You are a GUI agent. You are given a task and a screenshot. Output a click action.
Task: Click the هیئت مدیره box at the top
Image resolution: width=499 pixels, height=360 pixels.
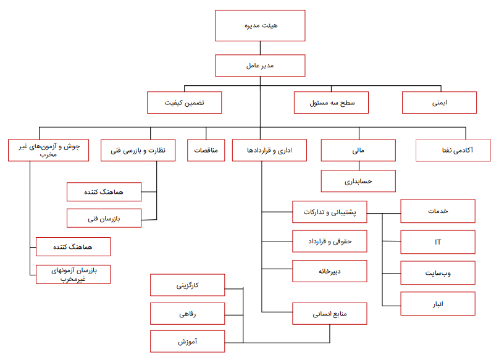pos(260,25)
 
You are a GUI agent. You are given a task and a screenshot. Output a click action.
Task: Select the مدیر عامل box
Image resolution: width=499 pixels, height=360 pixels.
pos(260,65)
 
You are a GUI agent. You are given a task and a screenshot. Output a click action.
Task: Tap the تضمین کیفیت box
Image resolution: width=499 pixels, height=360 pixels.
pos(184,103)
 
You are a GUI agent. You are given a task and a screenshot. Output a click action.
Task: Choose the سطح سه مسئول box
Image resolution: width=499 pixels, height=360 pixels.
pos(331,103)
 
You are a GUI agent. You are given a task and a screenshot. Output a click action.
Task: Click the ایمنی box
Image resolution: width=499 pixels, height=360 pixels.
pos(440,103)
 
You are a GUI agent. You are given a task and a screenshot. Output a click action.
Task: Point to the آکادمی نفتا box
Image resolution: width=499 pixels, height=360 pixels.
pos(453,150)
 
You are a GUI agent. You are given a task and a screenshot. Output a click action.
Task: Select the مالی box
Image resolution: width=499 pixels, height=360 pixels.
pos(358,150)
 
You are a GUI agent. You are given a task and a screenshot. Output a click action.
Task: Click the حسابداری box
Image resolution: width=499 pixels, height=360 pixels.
pos(358,181)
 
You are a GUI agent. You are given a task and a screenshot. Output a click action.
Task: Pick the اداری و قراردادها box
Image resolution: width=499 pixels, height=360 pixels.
pos(269,150)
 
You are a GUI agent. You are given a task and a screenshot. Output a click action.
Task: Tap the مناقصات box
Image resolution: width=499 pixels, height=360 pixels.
pos(206,150)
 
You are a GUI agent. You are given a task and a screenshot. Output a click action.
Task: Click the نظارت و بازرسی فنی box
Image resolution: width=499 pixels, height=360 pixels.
pos(138,150)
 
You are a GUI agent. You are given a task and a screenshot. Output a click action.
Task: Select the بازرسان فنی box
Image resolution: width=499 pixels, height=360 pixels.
pos(104,218)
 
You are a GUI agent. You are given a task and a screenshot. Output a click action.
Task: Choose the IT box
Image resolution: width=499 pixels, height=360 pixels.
pos(438,242)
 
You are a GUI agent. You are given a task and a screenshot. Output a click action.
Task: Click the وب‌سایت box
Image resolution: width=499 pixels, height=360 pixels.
pos(438,273)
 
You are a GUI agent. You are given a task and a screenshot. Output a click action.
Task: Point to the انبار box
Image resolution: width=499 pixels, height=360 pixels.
pos(438,304)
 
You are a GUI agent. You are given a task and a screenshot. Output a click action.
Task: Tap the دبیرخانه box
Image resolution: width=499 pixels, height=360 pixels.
pos(330,271)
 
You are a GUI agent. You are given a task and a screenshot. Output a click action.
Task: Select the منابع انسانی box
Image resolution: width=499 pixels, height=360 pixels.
pos(330,314)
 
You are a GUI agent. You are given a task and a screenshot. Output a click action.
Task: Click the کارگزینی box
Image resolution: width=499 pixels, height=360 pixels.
pos(188,285)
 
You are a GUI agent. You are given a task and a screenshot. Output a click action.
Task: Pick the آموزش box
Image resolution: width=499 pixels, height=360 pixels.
pos(188,341)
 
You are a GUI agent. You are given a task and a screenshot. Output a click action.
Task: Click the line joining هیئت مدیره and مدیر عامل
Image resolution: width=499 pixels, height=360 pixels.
pos(260,48)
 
